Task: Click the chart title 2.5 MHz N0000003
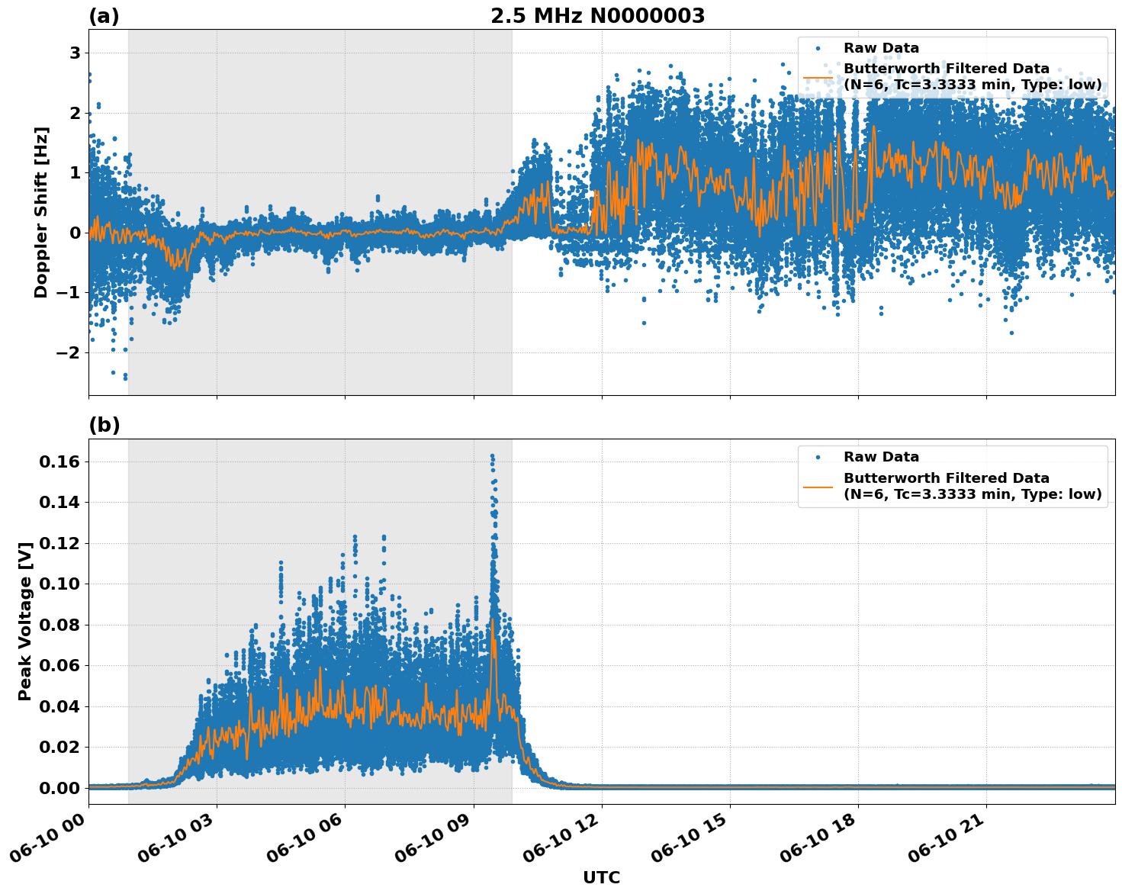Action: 597,16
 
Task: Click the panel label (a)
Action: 104,16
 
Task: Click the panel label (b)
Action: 104,426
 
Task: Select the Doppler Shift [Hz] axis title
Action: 41,212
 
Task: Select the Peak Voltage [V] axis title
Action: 25,622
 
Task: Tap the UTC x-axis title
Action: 601,877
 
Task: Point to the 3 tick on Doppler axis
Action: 75,53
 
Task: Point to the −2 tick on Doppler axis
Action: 69,352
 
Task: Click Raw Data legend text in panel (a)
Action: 881,48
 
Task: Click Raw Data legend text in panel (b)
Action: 881,457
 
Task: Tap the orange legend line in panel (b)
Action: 818,487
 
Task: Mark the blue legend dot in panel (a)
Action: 818,48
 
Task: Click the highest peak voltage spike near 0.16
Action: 492,456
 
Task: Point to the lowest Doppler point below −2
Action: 125,378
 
